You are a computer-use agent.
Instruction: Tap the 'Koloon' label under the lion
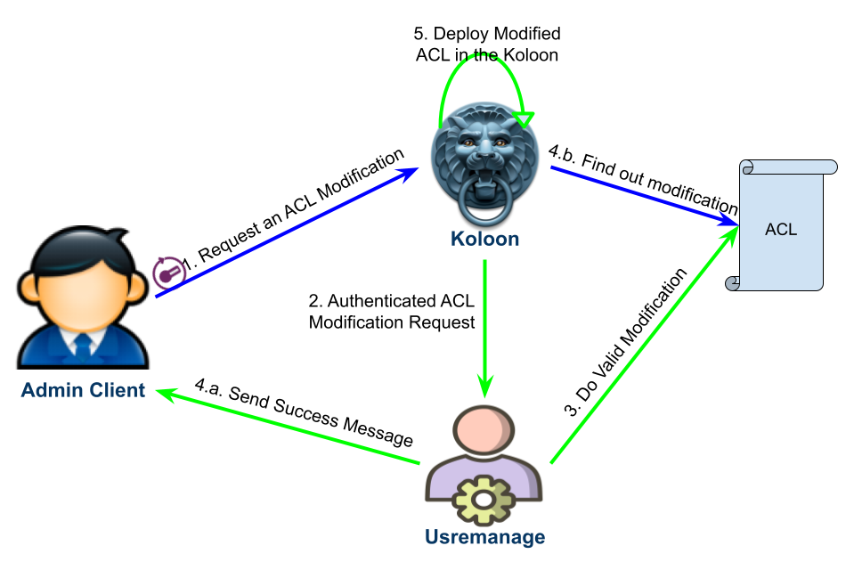[x=484, y=240]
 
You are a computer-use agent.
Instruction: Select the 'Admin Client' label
[x=83, y=389]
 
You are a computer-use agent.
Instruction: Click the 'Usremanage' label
[x=484, y=537]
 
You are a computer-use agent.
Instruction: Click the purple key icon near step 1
[x=167, y=273]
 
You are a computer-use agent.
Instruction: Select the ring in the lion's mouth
[x=485, y=204]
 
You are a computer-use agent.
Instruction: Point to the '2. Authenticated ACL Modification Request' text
[x=392, y=312]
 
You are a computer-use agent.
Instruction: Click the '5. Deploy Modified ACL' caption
[x=487, y=44]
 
